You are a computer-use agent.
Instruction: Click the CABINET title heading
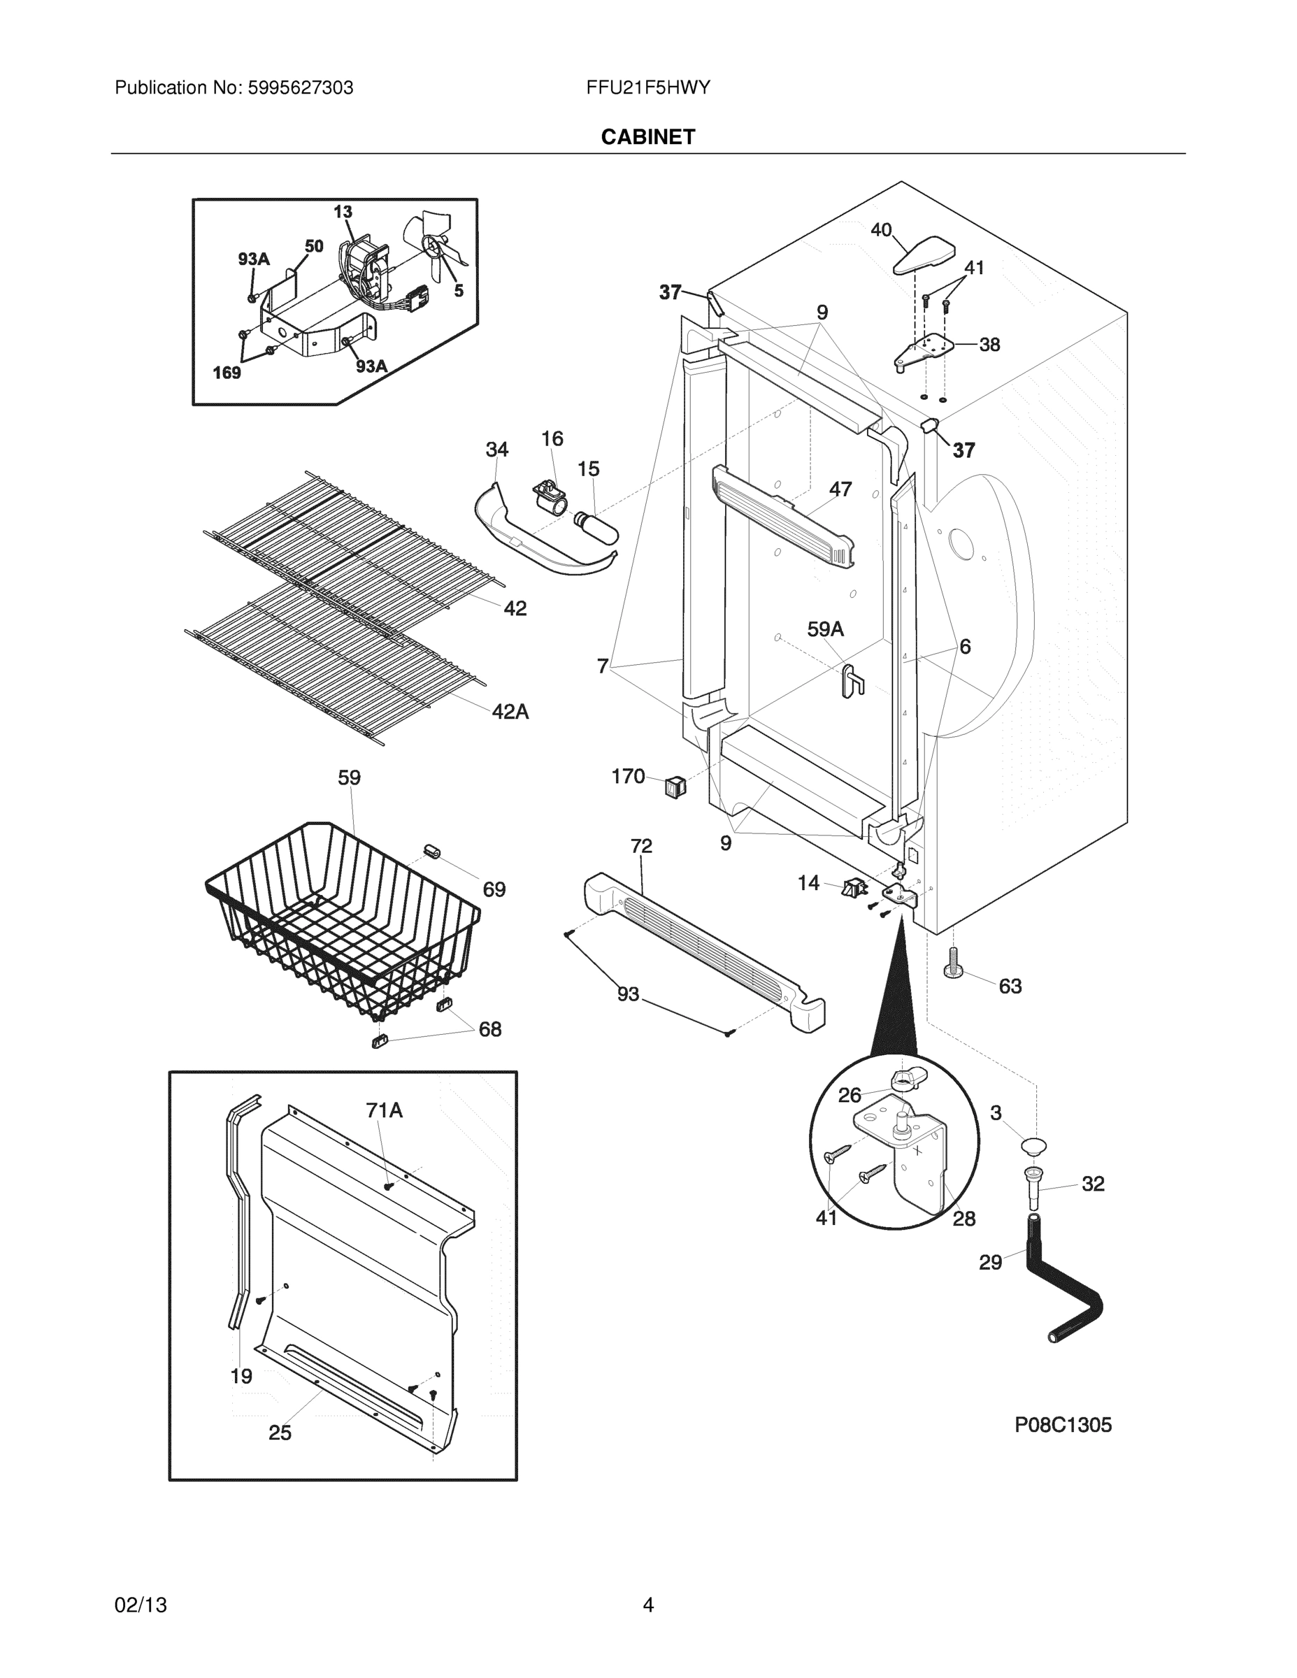tap(647, 137)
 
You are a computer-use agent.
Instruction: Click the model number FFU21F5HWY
tap(647, 87)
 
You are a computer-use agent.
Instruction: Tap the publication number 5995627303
tap(300, 87)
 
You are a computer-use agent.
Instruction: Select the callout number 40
tap(880, 230)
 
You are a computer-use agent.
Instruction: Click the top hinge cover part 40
tap(924, 254)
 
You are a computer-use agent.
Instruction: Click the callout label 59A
tap(825, 629)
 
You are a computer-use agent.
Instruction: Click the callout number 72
tap(641, 846)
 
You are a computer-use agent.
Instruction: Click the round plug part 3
tap(1033, 1147)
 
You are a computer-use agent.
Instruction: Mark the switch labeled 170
tap(675, 786)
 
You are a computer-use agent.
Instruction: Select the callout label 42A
tap(510, 712)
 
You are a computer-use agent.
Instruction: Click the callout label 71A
tap(384, 1110)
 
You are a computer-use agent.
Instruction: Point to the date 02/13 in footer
tap(141, 1605)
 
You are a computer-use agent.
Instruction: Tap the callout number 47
tap(840, 489)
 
